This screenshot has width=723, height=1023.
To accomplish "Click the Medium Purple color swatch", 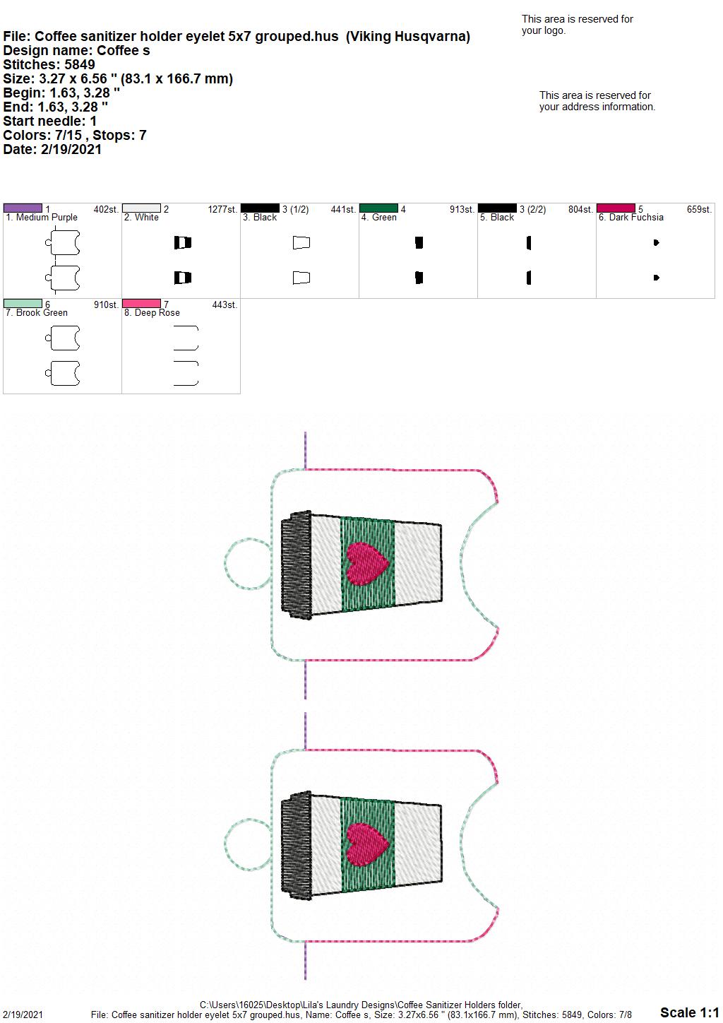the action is click(23, 208).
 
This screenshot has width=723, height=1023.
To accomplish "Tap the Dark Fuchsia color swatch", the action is click(616, 208).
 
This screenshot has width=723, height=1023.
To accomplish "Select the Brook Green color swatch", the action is click(23, 303).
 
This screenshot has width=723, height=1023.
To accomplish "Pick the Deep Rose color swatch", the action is click(141, 303).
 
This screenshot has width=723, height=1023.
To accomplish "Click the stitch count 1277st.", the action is click(222, 209).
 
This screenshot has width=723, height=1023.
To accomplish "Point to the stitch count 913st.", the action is click(462, 209).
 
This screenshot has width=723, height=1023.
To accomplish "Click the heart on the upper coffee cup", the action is click(367, 564).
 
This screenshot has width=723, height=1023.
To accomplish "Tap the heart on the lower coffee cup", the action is click(367, 844).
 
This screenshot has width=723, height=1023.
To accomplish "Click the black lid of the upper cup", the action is click(297, 565).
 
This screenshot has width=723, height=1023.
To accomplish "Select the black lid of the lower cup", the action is click(297, 846).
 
